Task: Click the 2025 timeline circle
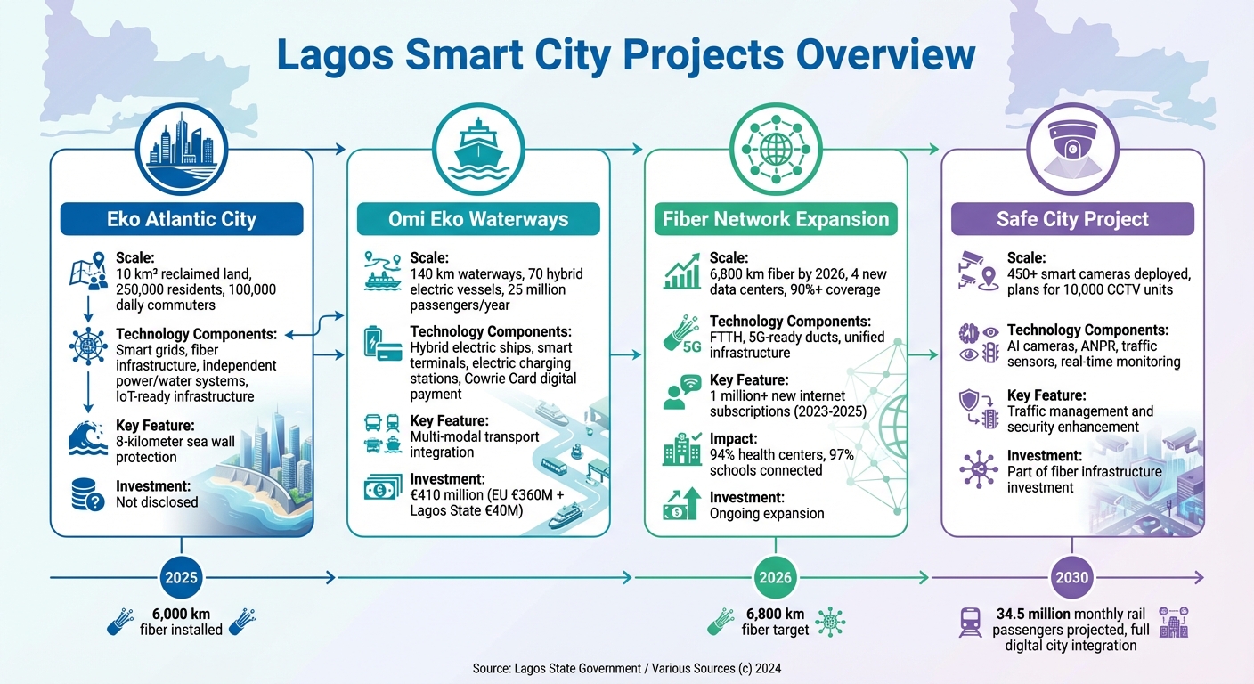(x=182, y=578)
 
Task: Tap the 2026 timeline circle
(x=775, y=578)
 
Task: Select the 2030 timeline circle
(x=1071, y=578)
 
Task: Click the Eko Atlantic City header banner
(x=182, y=219)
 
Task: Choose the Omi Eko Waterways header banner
(x=478, y=219)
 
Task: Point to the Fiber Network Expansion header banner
(x=775, y=219)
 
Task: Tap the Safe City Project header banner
(x=1072, y=219)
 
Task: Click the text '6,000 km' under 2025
(x=182, y=614)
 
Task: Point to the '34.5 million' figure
(x=1032, y=614)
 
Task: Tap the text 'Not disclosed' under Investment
(x=157, y=501)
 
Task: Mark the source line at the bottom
(x=627, y=667)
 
